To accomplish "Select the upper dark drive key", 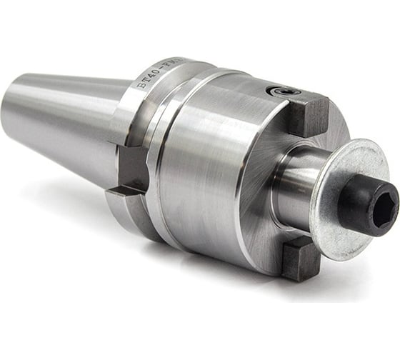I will coord(308,115).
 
